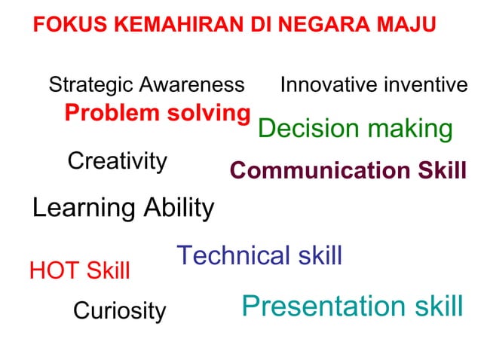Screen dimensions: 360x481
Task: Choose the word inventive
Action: (x=424, y=85)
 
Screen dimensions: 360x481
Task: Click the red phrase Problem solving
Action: (x=157, y=114)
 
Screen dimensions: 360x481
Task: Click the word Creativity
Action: (x=117, y=161)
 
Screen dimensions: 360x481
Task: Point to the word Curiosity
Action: (x=119, y=311)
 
